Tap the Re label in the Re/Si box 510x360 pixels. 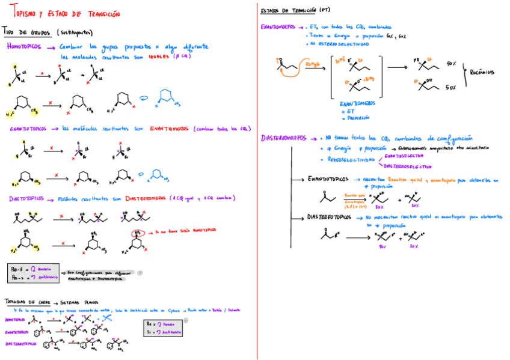pos(150,323)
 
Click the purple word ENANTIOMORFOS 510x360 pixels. pos(280,27)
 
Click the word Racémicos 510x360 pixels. pos(482,72)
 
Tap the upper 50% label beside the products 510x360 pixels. pos(451,63)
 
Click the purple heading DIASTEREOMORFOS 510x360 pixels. pos(284,138)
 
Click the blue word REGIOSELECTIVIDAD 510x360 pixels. pos(348,160)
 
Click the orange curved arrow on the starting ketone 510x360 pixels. pos(278,59)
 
